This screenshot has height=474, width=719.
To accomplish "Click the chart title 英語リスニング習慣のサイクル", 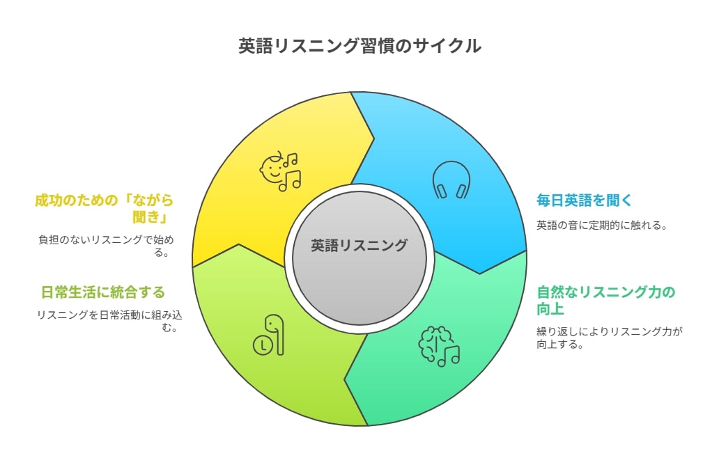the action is coord(359,46).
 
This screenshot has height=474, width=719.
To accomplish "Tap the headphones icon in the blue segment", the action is coord(451,180).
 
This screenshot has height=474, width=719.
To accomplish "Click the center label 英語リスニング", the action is coord(359,246).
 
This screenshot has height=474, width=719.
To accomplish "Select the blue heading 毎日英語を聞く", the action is coord(584,200).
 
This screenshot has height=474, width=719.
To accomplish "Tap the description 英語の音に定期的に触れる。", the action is coord(602,226).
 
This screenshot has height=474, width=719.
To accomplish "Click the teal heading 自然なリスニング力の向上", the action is coord(605,300).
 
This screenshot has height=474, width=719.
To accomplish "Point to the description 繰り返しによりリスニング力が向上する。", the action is coord(610,338).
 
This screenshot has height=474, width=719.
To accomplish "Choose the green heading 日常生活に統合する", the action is coord(103,292).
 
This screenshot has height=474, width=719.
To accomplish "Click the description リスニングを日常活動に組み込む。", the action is coord(109,321).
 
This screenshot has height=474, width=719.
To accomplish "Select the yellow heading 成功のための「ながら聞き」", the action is coord(104,208).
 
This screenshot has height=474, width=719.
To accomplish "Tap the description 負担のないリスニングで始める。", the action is coord(106,246).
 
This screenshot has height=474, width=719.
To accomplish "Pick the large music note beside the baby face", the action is coord(291,181).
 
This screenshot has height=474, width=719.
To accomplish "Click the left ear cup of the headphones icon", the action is coord(440,191).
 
